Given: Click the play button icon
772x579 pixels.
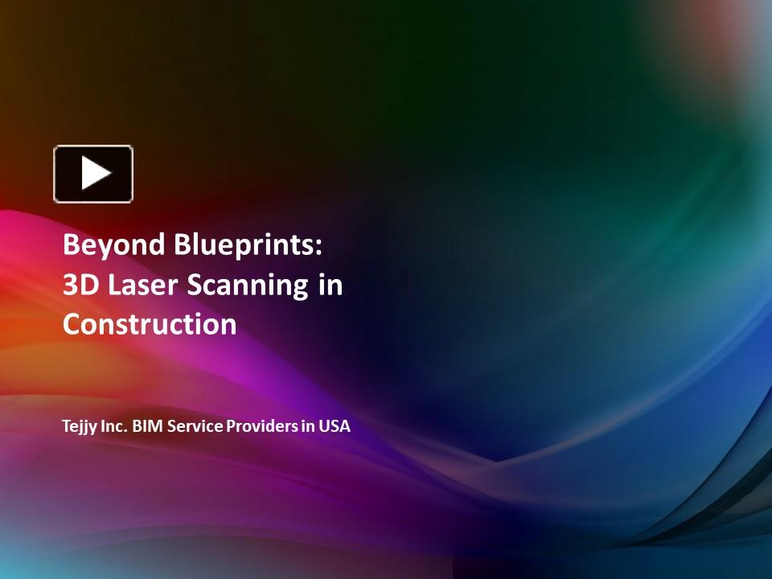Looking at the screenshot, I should [93, 174].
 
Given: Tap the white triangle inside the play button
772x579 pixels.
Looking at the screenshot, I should [96, 174].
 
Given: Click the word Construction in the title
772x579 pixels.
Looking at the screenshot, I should [150, 325].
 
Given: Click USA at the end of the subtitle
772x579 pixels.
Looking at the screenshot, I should [335, 426].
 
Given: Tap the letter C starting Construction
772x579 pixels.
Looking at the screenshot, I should [71, 325].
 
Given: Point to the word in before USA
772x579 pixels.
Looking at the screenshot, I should [308, 426].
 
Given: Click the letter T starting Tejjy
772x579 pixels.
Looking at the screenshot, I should [67, 426].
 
